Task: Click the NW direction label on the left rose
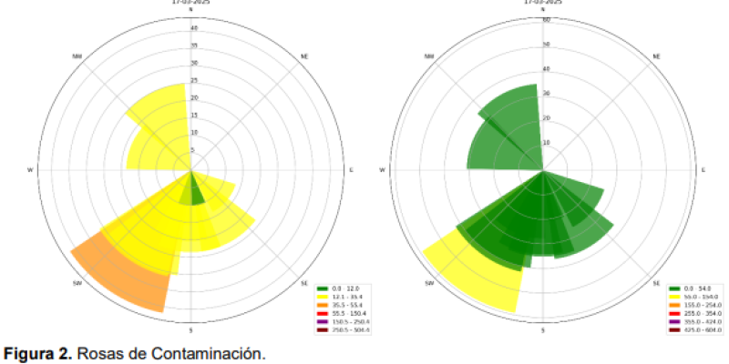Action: coord(77,56)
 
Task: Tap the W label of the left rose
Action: coord(30,170)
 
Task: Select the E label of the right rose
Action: coord(703,170)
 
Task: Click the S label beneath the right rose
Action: coord(542,330)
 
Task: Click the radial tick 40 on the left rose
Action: coord(193,29)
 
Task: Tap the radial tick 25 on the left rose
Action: coord(193,82)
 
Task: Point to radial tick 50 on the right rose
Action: coord(545,44)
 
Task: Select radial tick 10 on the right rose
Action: coord(545,143)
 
